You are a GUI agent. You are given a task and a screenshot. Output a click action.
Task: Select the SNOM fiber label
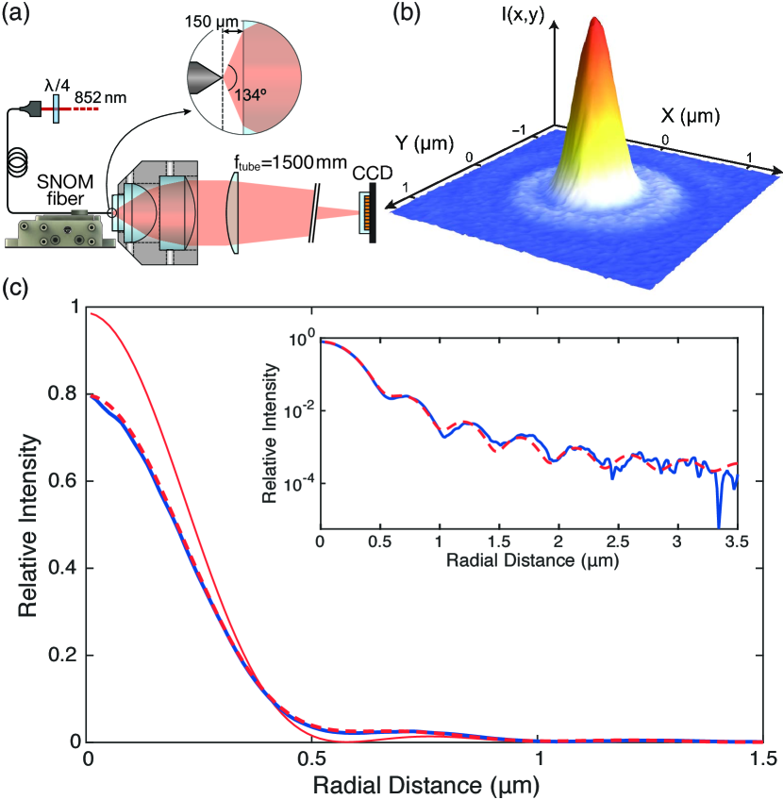(40, 188)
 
